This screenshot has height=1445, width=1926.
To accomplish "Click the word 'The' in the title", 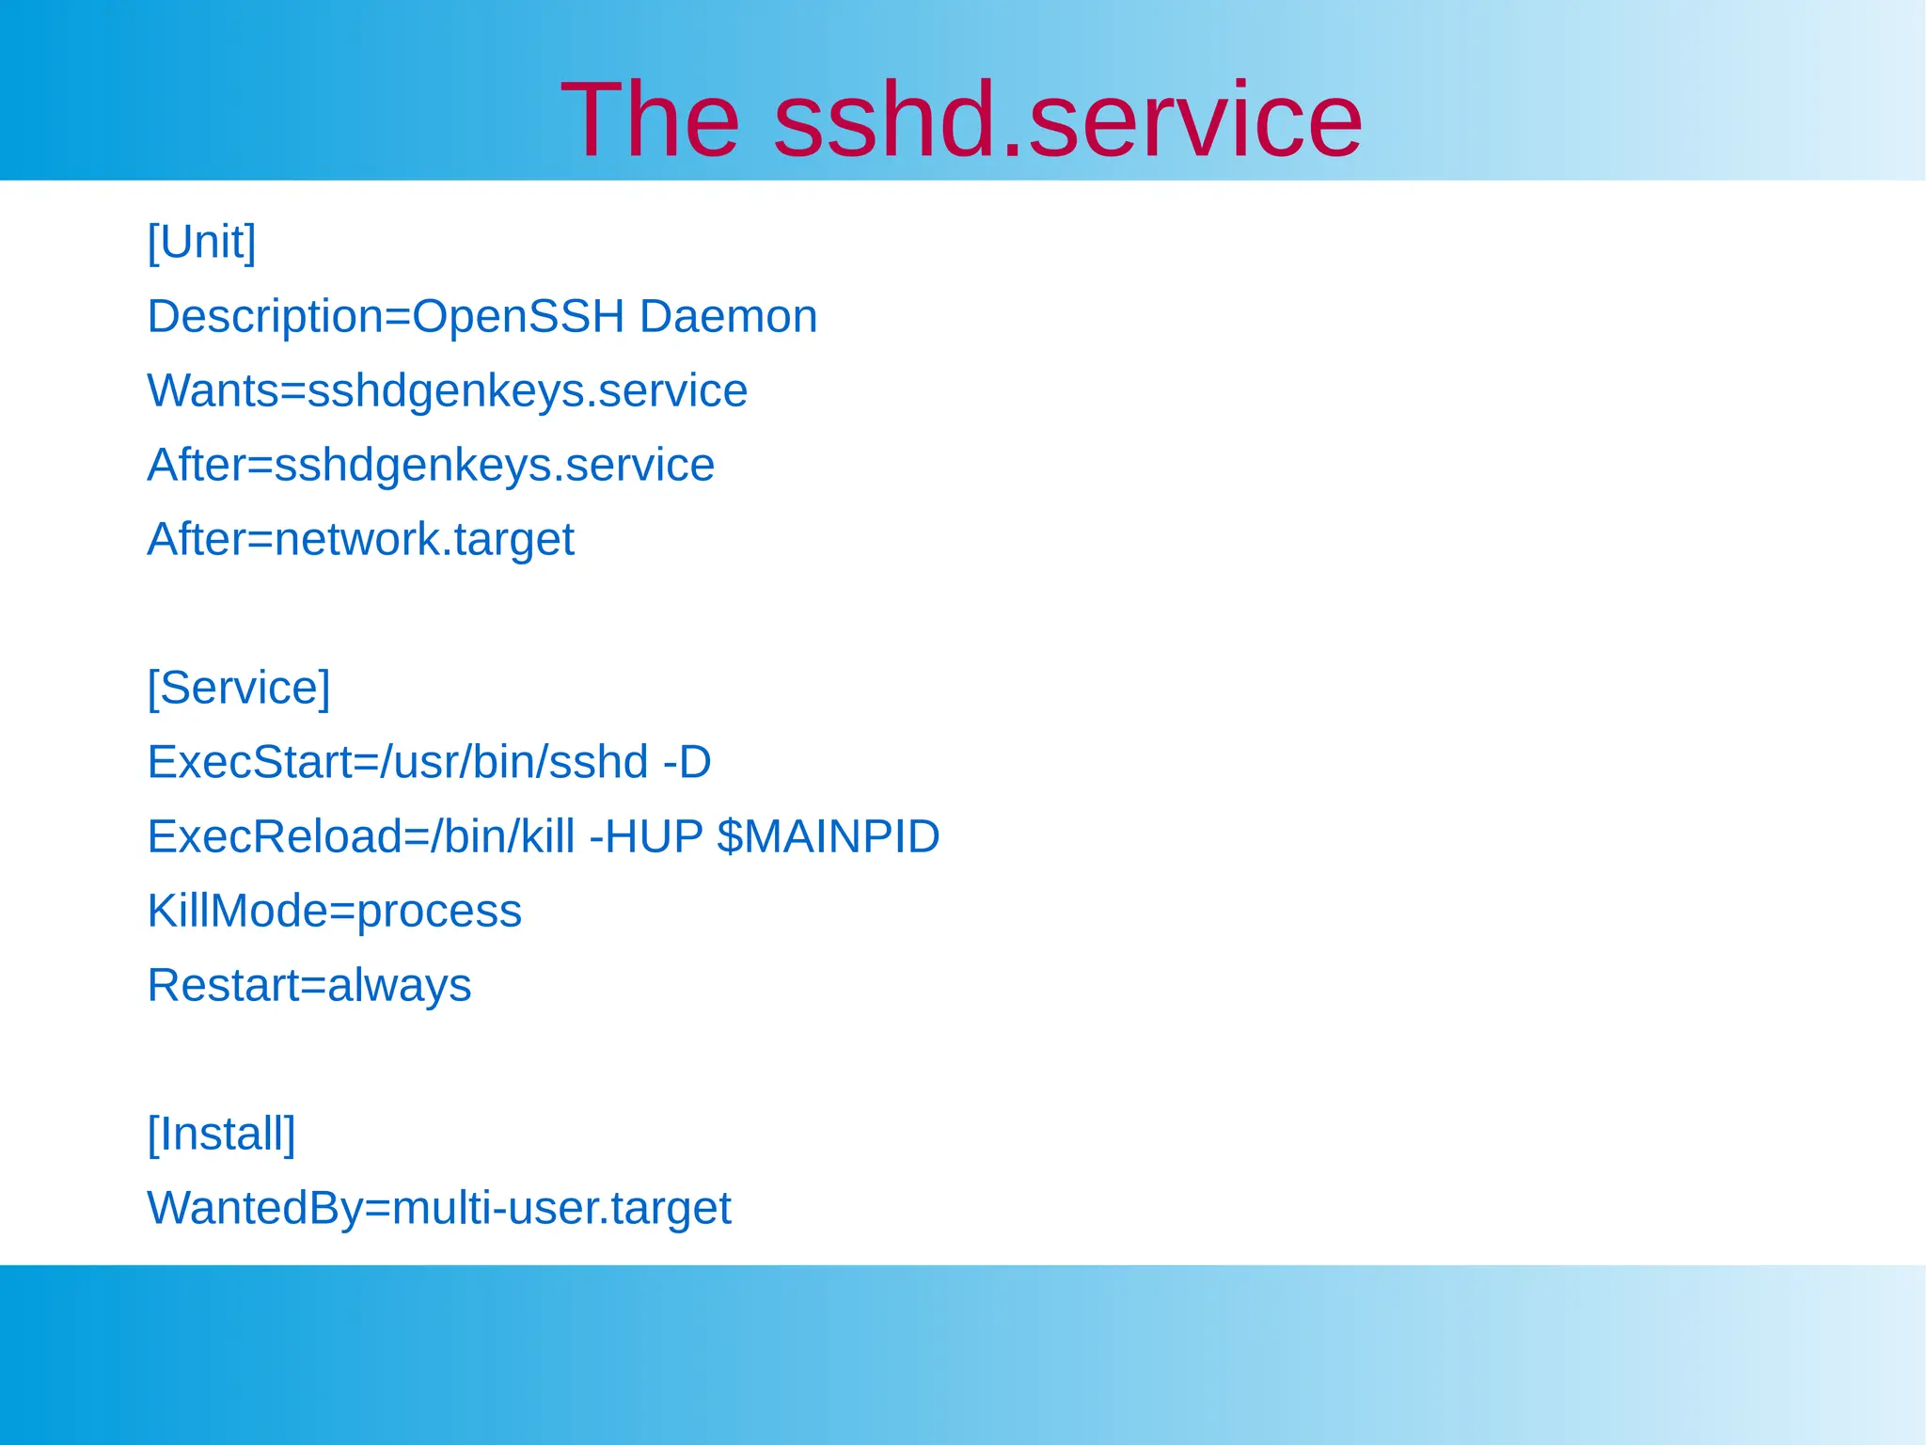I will tap(649, 120).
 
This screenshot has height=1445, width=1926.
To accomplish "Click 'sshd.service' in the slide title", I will tap(1067, 120).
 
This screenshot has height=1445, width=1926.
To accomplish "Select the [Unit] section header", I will tap(201, 242).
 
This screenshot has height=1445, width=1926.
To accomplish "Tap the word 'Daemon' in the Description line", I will tap(728, 316).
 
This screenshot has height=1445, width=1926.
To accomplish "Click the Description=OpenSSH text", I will tap(386, 316).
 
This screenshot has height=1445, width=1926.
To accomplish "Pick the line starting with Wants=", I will tap(447, 390).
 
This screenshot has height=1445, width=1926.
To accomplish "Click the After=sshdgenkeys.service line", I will tap(431, 465).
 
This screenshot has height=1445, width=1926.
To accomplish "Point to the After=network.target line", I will tap(360, 539).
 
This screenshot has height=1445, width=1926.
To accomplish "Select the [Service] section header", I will tap(239, 688).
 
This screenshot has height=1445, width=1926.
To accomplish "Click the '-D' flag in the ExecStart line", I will tap(687, 762).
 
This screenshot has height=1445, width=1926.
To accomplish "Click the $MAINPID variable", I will tap(828, 836).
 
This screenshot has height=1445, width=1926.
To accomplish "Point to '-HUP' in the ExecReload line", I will tap(646, 836).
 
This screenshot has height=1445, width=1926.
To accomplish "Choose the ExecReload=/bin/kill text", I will tap(361, 836).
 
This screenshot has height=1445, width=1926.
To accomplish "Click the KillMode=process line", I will tap(334, 911).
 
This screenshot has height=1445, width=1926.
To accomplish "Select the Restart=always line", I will tap(308, 985).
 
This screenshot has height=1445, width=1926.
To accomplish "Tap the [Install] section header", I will tap(221, 1134).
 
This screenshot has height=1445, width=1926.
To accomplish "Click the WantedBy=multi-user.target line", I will tap(438, 1208).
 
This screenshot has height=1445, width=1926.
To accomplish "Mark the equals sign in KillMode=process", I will tap(342, 912).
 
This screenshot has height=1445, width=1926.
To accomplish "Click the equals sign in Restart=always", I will tap(312, 986).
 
